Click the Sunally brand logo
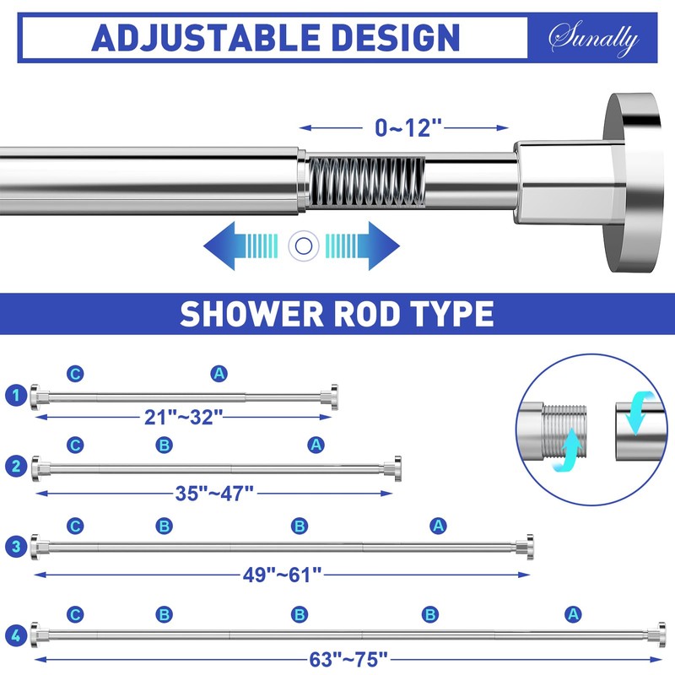click(x=593, y=38)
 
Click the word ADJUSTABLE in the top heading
click(x=202, y=38)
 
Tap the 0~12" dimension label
click(x=408, y=128)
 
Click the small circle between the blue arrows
click(x=300, y=246)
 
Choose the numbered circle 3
click(x=14, y=547)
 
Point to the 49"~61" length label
click(x=281, y=575)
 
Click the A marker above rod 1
click(x=219, y=374)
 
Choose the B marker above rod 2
click(x=164, y=444)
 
